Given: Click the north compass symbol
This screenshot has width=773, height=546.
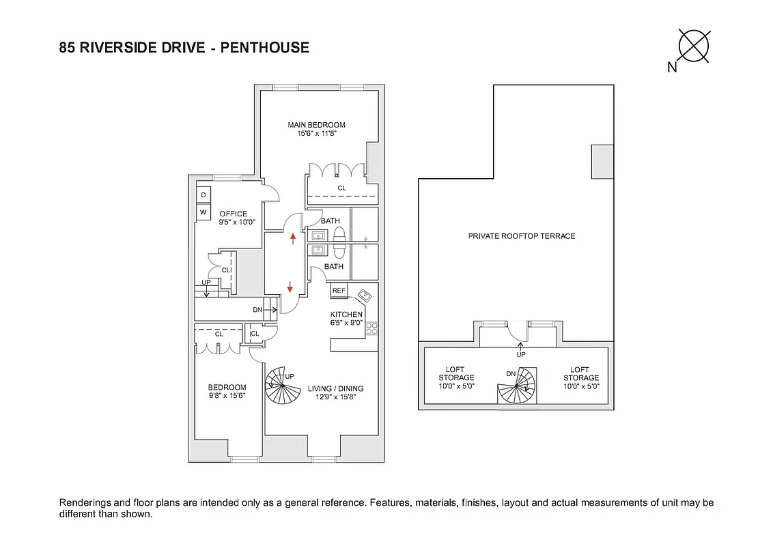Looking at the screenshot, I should tap(693, 47).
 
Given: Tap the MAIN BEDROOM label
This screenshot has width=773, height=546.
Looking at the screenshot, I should tap(316, 125).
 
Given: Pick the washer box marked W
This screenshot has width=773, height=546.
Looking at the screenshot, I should tap(203, 213).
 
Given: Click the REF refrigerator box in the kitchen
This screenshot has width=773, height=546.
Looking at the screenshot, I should tap(339, 291).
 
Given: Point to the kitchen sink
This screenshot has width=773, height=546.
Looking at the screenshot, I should tap(365, 295).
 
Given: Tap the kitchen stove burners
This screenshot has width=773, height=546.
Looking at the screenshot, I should tap(372, 328).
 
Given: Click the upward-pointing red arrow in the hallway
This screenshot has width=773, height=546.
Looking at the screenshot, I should tap(294, 238).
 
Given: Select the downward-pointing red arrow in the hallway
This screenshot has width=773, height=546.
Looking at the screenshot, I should tap(290, 287).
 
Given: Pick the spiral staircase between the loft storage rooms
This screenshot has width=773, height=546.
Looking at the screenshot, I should tap(517, 386).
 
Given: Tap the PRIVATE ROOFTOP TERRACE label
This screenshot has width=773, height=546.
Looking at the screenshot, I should tap(521, 236).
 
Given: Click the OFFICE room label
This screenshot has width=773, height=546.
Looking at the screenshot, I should tap(233, 214).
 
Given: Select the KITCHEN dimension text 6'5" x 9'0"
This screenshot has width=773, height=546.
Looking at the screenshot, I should tap(346, 323).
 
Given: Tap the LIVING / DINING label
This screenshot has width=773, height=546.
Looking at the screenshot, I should tap(336, 388).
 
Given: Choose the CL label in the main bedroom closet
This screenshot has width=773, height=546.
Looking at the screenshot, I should tap(341, 188).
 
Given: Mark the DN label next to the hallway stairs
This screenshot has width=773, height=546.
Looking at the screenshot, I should tap(257, 310).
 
